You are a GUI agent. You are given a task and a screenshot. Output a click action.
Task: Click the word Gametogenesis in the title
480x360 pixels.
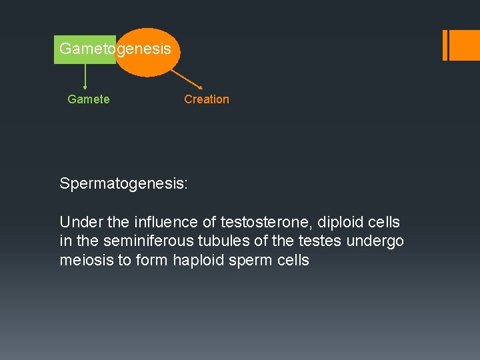[115, 49]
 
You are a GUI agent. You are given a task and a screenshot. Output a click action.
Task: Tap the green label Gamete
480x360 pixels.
[89, 99]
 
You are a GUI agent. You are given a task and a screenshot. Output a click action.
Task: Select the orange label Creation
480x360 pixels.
[206, 99]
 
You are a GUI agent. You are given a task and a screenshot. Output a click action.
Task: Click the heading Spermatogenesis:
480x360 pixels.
[123, 183]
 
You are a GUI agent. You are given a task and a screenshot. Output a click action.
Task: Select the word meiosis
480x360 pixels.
[87, 261]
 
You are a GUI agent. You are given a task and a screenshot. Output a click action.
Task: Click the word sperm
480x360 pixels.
[252, 261]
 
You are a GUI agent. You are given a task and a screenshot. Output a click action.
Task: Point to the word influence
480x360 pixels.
[152, 222]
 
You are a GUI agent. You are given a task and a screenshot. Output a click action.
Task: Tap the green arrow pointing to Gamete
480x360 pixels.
[85, 76]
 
